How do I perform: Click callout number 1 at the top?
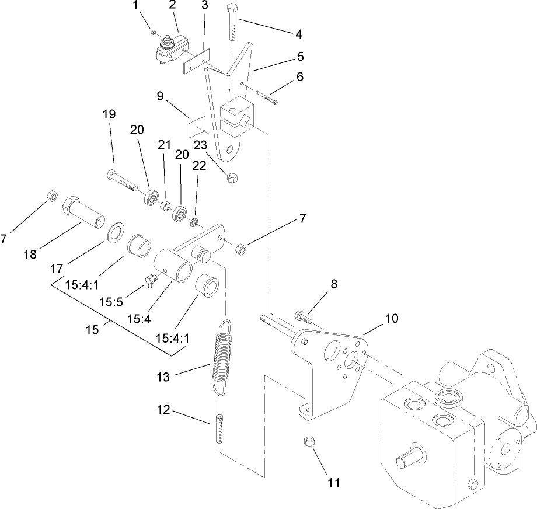coord(136,6)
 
